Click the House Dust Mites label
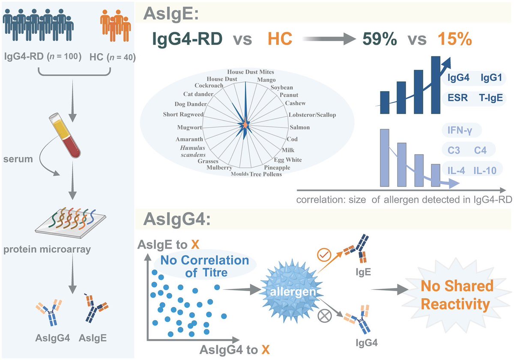(x=250, y=72)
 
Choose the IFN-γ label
(x=460, y=130)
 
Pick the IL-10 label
(x=485, y=170)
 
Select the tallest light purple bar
(x=385, y=158)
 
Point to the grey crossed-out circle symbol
(x=324, y=316)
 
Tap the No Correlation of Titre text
(x=205, y=266)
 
